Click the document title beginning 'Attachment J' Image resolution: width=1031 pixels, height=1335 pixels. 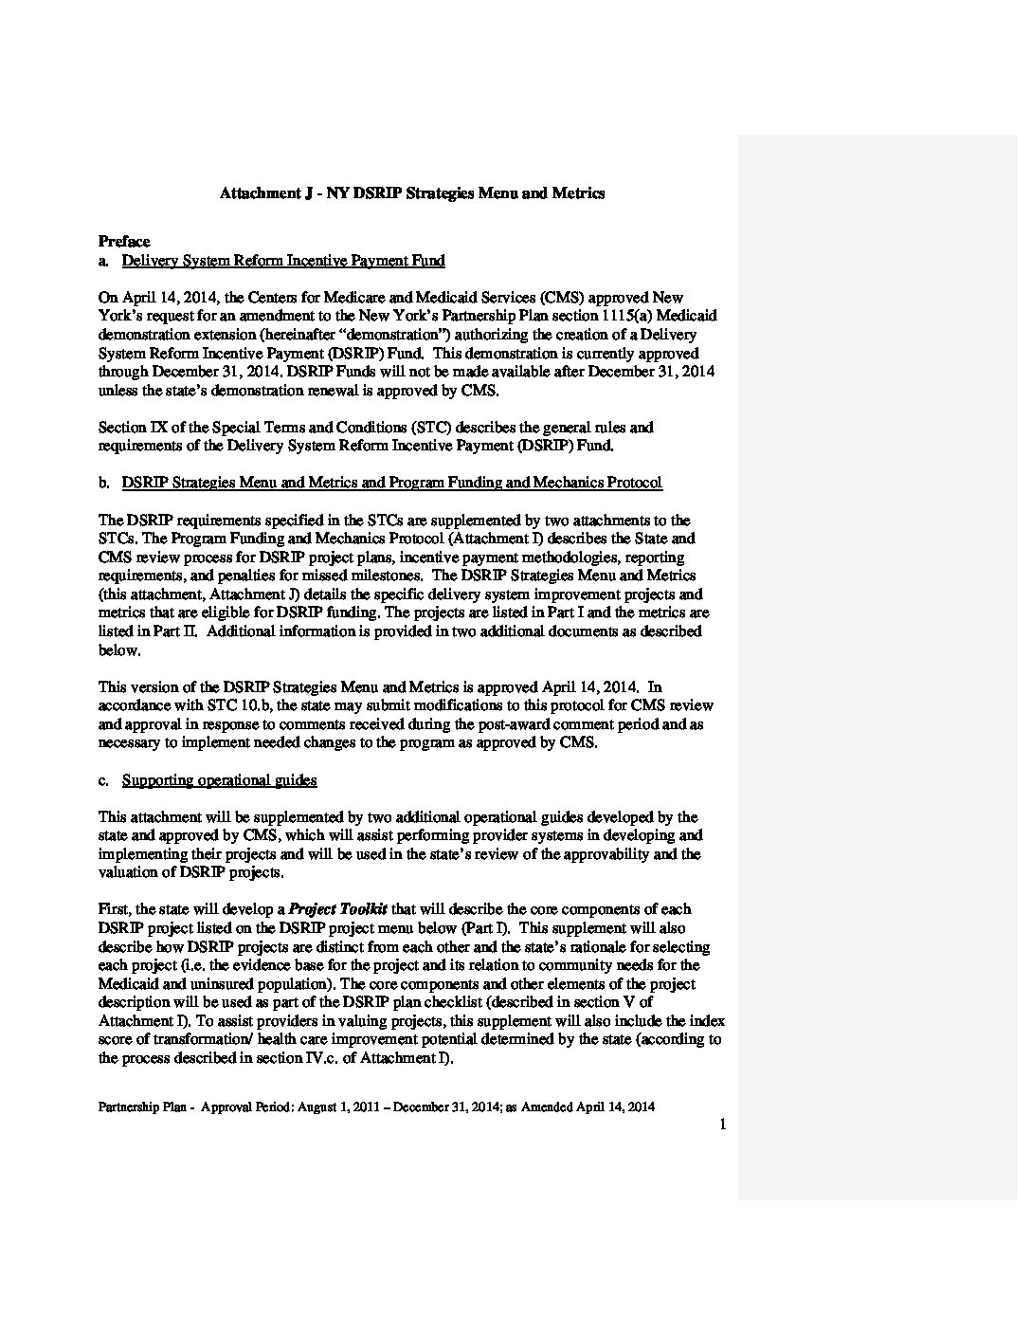(x=412, y=193)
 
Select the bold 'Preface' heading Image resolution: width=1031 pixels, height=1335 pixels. (x=124, y=242)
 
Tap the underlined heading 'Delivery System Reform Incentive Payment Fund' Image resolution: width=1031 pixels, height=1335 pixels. (x=283, y=261)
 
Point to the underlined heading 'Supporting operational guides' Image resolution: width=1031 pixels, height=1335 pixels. (x=219, y=780)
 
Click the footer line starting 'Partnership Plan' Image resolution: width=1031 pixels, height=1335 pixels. (x=376, y=1106)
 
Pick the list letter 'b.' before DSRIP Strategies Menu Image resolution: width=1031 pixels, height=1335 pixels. (x=104, y=483)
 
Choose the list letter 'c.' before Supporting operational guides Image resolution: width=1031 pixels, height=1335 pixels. (x=104, y=780)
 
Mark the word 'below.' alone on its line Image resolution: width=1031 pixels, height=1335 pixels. (x=119, y=650)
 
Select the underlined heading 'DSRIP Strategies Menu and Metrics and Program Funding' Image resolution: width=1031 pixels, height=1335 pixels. (x=392, y=483)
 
